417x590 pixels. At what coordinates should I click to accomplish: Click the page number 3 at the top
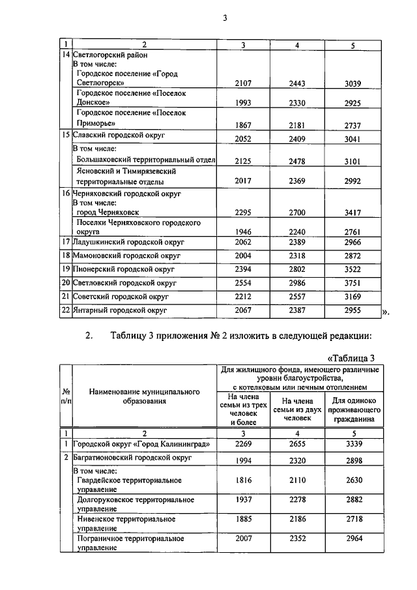coord(224,18)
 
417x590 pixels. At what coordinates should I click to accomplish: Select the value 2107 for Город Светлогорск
coord(242,83)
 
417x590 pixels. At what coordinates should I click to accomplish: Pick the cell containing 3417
coord(352,212)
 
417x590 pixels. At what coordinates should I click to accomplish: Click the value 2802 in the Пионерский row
coord(296,269)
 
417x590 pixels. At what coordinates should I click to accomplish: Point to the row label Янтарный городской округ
coord(120,311)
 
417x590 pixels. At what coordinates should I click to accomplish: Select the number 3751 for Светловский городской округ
coord(352,283)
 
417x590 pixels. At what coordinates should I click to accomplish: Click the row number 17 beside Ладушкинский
coord(65,241)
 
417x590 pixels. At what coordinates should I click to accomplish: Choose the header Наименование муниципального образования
coord(144,396)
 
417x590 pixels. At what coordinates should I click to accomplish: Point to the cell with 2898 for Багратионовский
coord(352,460)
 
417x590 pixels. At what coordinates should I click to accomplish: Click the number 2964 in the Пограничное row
coord(352,540)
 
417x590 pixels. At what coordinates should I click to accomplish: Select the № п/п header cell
coord(65,396)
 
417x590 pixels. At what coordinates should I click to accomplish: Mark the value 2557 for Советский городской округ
coord(296,297)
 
